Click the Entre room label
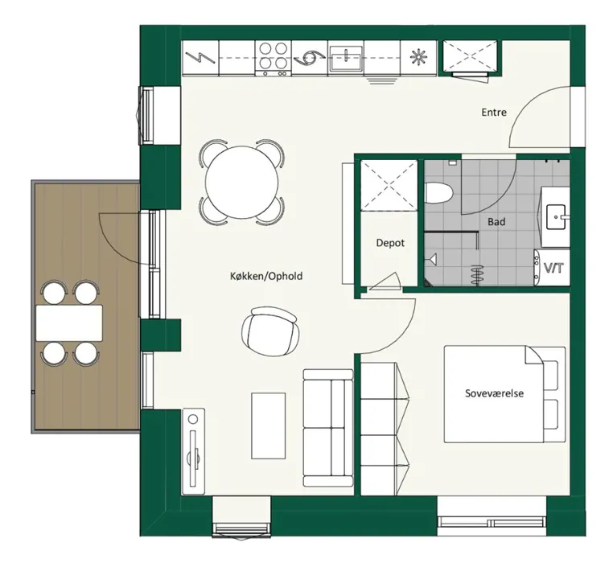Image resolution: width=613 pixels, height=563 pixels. [494, 113]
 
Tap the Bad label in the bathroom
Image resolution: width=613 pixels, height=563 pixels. [496, 222]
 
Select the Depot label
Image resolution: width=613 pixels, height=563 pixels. [390, 243]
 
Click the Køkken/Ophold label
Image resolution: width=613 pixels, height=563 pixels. [266, 277]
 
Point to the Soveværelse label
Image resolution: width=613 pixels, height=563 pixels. [494, 393]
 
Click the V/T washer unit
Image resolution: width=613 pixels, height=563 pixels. [552, 267]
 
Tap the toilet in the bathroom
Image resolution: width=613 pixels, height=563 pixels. [438, 193]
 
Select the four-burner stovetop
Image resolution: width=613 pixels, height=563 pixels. [274, 58]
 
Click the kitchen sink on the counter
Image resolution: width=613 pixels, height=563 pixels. [346, 60]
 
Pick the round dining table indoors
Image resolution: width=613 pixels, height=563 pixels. [241, 183]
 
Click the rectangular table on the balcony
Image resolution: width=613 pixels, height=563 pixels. [69, 323]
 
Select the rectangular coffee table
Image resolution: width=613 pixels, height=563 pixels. [268, 425]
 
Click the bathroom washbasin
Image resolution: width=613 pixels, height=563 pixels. [556, 216]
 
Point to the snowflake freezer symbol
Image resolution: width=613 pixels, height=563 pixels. [418, 58]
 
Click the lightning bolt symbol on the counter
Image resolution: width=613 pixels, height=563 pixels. [200, 58]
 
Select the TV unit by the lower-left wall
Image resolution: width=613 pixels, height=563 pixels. [194, 448]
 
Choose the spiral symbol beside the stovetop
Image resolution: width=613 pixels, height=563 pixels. [310, 58]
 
